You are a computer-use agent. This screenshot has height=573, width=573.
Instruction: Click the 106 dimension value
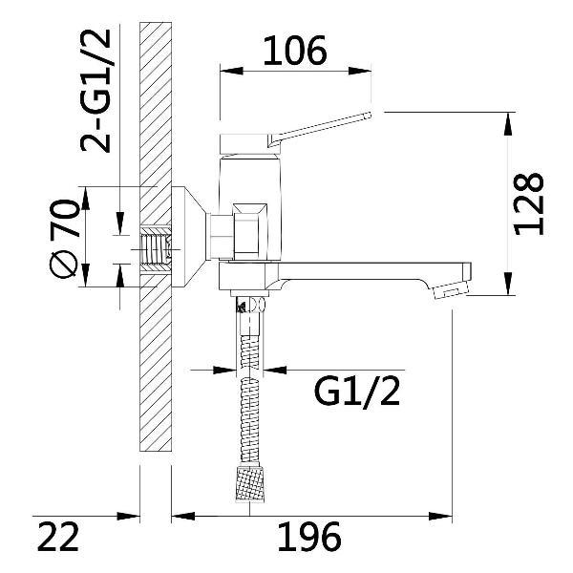(294, 51)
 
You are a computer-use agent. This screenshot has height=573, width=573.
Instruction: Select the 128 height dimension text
(529, 203)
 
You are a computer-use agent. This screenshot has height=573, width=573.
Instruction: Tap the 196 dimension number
(309, 537)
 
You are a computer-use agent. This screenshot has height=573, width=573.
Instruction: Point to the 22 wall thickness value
(57, 537)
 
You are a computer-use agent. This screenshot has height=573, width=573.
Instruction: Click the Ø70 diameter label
(64, 238)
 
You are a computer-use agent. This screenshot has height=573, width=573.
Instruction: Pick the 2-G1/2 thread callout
(95, 90)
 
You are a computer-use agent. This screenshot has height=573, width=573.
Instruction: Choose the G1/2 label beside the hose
(357, 392)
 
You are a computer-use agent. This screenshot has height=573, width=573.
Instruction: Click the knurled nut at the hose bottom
(250, 483)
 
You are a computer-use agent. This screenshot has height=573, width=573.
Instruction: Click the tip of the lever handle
(369, 116)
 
